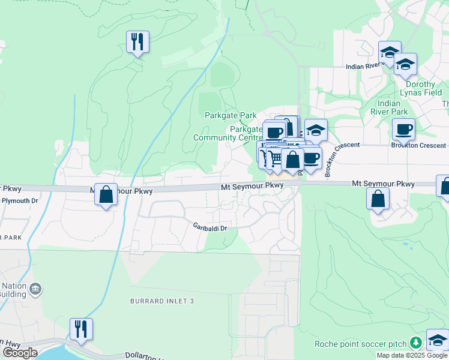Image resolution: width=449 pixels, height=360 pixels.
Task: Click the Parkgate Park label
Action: (231, 115)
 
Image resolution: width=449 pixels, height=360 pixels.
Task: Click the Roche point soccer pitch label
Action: (361, 344)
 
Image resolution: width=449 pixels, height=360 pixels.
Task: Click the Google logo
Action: (20, 353)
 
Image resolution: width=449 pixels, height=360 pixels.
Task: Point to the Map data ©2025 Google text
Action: (412, 355)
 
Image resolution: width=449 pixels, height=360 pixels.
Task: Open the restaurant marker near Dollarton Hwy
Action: (80, 329)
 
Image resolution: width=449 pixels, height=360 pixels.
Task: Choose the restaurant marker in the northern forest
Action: (137, 42)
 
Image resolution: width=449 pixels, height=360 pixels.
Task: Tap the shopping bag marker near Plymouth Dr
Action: (106, 194)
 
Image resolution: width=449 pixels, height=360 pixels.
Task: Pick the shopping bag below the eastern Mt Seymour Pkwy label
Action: (378, 199)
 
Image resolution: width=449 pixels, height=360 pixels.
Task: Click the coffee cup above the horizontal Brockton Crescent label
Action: (404, 129)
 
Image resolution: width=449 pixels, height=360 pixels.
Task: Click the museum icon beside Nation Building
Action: (36, 290)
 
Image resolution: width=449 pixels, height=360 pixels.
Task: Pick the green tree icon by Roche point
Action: (415, 343)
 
